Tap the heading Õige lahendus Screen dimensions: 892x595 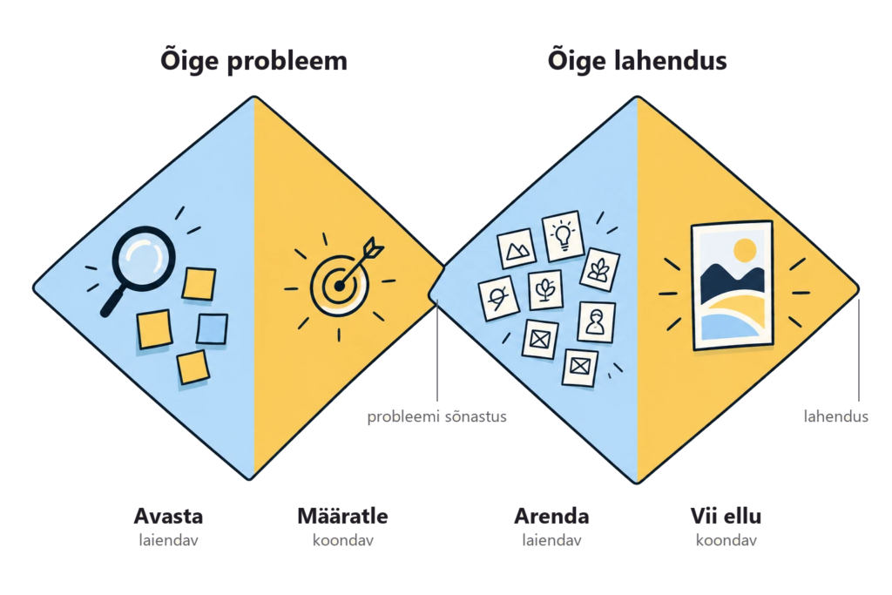[x=637, y=60]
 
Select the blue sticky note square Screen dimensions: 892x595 [x=213, y=329]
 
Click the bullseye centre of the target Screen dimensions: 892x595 [x=340, y=286]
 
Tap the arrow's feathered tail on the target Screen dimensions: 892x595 [x=374, y=247]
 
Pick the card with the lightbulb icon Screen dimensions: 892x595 [x=564, y=235]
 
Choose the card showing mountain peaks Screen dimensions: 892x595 [x=517, y=248]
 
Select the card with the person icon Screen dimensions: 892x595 [x=596, y=322]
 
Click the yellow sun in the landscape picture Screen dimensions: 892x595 [x=745, y=250]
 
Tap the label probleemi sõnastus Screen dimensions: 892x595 [x=436, y=416]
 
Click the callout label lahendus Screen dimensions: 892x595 [x=835, y=416]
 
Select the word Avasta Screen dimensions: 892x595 [x=168, y=516]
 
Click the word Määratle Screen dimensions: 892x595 [x=342, y=516]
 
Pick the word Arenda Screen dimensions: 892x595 [x=551, y=516]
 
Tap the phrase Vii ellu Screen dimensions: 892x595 [x=726, y=516]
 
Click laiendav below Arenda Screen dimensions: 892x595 [x=551, y=540]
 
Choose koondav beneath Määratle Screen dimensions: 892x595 [x=342, y=540]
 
